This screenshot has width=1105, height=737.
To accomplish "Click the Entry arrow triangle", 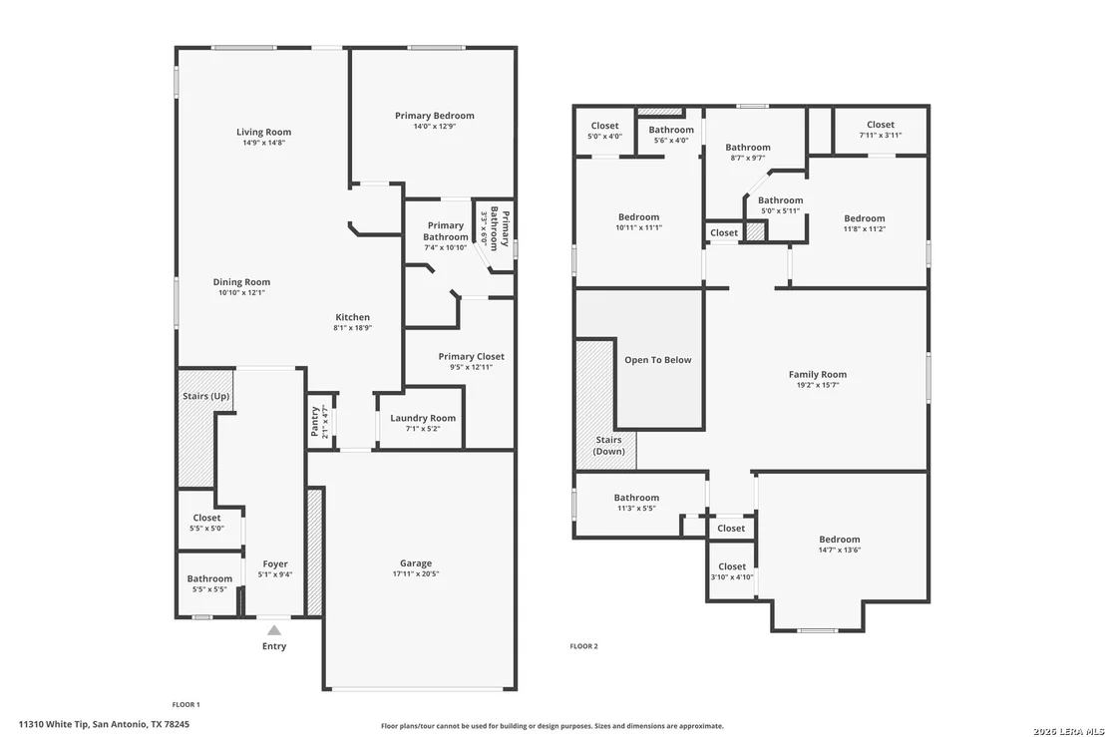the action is point(274,630).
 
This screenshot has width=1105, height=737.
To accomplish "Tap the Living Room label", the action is point(263,132).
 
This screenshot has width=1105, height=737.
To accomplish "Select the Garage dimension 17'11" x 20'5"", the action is point(416,574).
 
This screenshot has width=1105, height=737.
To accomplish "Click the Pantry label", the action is point(315,421).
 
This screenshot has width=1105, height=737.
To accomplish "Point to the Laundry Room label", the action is point(423,418).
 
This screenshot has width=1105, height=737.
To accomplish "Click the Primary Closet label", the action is point(472,356).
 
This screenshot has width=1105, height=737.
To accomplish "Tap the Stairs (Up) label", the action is point(205,396).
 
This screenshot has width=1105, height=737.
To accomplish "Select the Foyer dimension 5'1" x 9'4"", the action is point(275,575).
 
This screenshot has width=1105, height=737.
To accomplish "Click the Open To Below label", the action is point(658,360).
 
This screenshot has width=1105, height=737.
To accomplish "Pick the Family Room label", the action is point(818,374).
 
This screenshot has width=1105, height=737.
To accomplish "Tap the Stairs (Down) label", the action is point(608,446).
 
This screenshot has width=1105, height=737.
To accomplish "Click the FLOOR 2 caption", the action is point(583,646).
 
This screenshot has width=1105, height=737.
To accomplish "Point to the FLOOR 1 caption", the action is point(186,705).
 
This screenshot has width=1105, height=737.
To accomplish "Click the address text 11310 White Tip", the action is point(54,724).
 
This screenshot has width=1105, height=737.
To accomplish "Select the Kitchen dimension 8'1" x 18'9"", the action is point(352,328).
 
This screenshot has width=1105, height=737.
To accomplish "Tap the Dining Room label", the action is point(241,282).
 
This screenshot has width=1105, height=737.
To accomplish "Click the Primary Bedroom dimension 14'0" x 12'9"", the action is point(434,127).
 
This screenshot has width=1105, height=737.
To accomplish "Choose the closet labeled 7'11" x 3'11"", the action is point(881,130).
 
